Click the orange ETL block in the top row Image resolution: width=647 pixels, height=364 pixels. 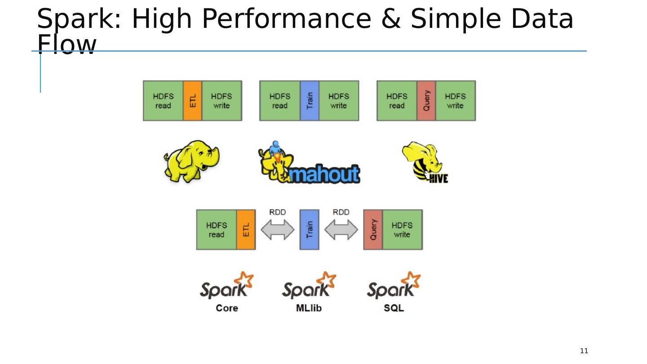[x=192, y=101]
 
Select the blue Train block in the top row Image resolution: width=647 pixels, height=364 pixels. [x=310, y=101]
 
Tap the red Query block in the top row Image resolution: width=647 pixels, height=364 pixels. [x=426, y=101]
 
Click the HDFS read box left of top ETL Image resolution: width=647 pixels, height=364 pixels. [x=163, y=101]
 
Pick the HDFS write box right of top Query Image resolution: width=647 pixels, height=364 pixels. [x=456, y=101]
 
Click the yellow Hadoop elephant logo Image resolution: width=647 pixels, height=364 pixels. [x=191, y=161]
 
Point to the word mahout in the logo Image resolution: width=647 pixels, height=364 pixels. [x=324, y=174]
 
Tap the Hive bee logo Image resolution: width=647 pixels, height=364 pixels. [x=425, y=162]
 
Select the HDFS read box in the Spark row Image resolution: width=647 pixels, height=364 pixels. [x=217, y=230]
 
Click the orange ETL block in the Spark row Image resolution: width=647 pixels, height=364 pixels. [x=246, y=230]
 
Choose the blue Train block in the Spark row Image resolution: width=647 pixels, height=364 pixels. [x=309, y=230]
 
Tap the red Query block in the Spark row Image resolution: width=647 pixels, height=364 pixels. [x=373, y=230]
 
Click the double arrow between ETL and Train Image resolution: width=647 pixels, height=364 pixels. [x=278, y=230]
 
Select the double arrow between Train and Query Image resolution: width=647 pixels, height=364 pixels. [x=341, y=230]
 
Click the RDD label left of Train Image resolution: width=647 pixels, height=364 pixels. [x=278, y=212]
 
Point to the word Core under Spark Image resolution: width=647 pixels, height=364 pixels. [x=227, y=308]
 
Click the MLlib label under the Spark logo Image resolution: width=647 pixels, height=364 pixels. [x=309, y=308]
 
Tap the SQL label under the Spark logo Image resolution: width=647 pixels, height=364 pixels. [x=394, y=308]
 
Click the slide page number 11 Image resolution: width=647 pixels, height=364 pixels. [x=584, y=351]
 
